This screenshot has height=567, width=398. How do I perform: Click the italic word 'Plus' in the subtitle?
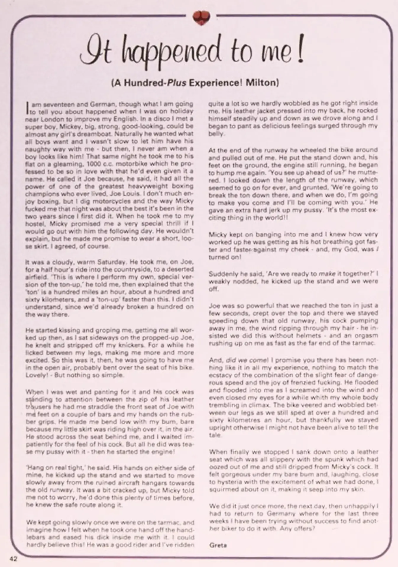click(x=177, y=82)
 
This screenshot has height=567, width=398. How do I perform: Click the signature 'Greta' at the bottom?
click(x=218, y=545)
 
